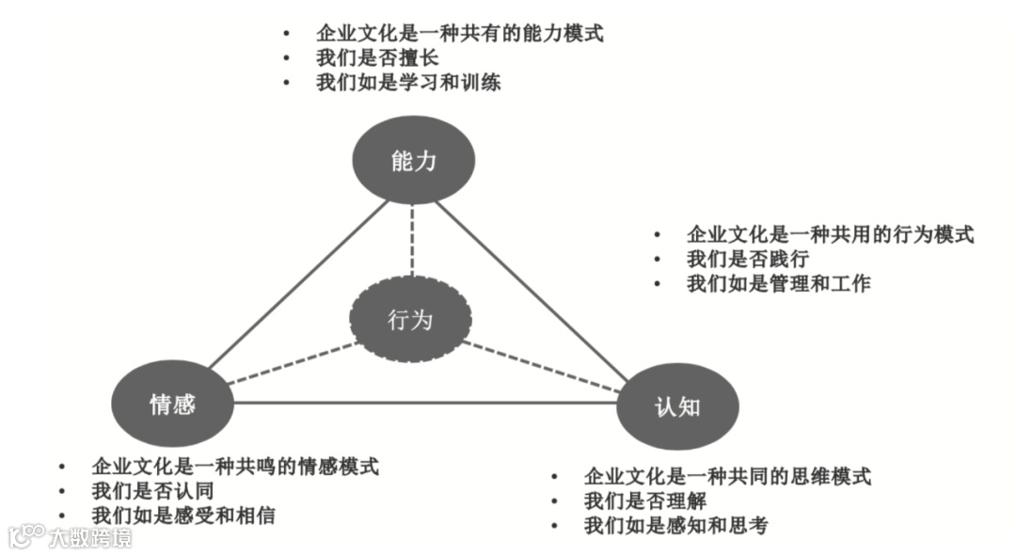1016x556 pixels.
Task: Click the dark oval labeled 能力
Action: coord(413,160)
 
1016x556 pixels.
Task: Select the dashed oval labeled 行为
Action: coord(410,320)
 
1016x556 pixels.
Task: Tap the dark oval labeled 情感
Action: coord(172,405)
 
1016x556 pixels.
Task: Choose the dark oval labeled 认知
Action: coord(677,407)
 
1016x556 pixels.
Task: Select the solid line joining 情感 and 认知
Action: coord(423,403)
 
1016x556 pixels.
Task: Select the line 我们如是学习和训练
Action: coord(408,83)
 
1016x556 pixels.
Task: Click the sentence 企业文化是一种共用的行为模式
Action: coord(830,234)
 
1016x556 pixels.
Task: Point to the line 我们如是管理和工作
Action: coord(779,283)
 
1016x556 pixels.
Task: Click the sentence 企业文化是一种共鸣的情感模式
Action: coord(235,467)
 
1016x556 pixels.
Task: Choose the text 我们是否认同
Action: coord(152,491)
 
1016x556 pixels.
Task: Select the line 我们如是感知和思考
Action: coord(675,525)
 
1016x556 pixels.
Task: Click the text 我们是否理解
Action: coord(644,500)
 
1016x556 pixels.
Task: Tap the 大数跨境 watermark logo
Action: coord(71,537)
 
